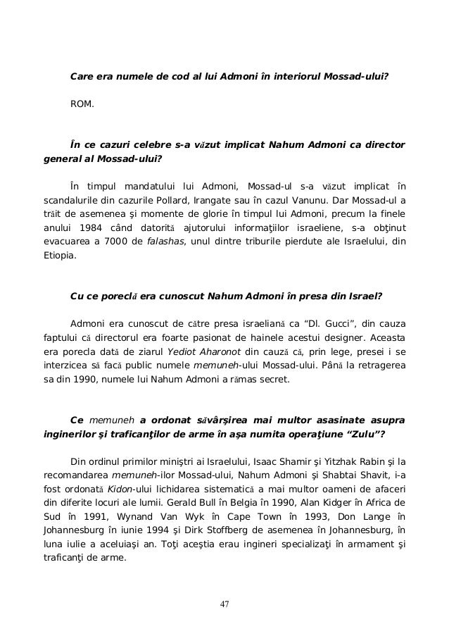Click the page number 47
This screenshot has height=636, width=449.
coord(224,604)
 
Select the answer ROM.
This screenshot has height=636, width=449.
coord(82,105)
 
